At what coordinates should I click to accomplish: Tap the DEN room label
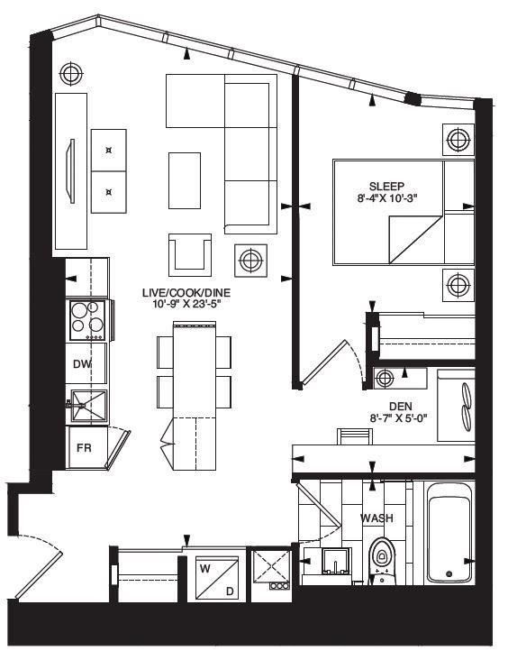400,407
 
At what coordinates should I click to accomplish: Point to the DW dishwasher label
81,363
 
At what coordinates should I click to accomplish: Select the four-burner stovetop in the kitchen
87,320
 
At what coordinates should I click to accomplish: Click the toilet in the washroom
381,559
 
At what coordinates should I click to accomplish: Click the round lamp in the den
386,376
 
